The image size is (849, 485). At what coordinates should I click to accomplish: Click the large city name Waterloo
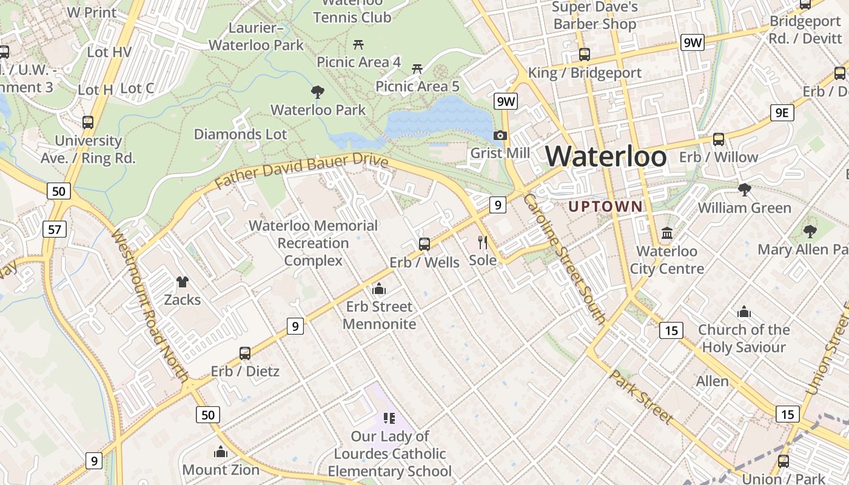tap(606, 157)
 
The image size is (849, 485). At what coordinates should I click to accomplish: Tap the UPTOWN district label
tap(605, 206)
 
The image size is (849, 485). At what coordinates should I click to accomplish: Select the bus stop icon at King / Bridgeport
tap(585, 55)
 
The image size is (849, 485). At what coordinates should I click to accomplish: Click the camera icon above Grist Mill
tap(500, 135)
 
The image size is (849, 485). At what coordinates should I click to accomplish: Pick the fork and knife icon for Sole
tap(483, 242)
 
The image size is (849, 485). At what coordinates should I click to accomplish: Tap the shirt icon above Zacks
tap(183, 281)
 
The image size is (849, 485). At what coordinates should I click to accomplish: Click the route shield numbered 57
tap(55, 229)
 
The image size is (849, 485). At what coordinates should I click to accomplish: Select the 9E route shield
tap(782, 113)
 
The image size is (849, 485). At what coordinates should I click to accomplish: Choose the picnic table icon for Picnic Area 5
tap(417, 69)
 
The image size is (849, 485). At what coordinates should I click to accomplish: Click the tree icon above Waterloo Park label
tap(317, 92)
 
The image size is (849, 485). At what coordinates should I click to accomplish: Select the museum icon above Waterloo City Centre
tap(667, 233)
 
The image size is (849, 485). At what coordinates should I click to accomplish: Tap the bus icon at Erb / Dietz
tap(245, 353)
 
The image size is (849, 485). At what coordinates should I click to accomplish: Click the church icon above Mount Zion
tap(221, 452)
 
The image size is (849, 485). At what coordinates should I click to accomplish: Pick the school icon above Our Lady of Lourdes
tap(389, 418)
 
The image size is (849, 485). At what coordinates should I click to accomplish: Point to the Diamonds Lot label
tap(240, 134)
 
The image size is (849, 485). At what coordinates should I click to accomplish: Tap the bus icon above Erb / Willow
tap(719, 139)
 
